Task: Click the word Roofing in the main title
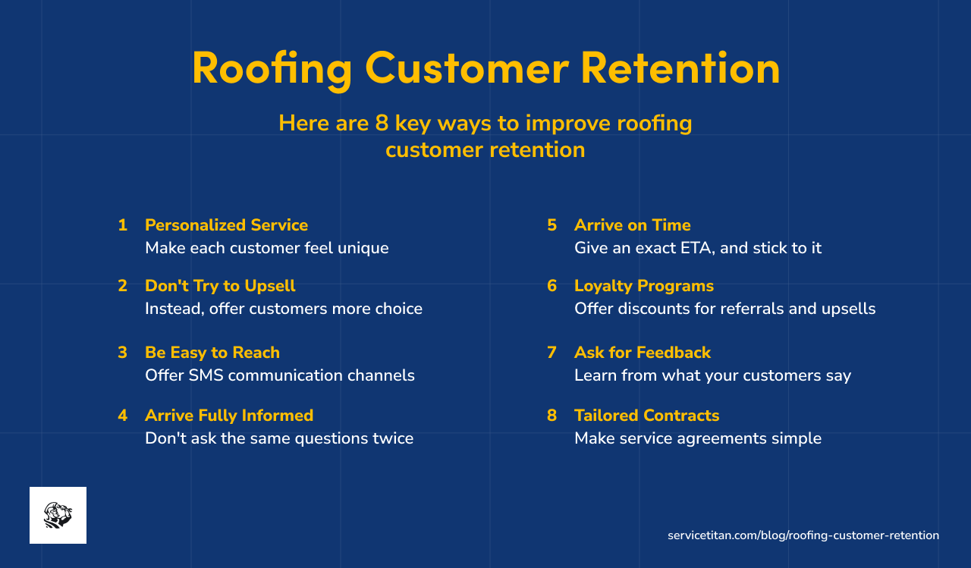tap(272, 68)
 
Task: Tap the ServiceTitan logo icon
tap(58, 515)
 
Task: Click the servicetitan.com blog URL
tap(803, 535)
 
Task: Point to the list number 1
tap(122, 225)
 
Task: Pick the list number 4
tap(122, 416)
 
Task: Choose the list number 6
tap(552, 286)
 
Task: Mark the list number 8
tap(552, 416)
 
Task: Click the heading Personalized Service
tap(226, 225)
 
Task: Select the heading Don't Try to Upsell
tap(220, 286)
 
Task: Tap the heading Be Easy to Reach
tap(212, 353)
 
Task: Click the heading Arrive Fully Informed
tap(229, 416)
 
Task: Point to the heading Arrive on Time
tap(632, 225)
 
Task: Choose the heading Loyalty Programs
tap(643, 286)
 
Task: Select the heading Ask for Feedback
tap(642, 353)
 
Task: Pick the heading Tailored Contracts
tap(646, 416)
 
